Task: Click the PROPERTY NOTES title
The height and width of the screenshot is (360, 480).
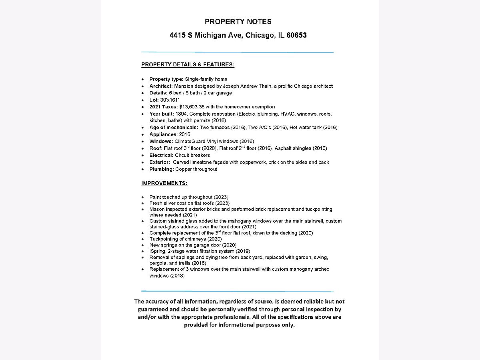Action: tap(238, 22)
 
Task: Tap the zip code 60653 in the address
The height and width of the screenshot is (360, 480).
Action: tap(296, 35)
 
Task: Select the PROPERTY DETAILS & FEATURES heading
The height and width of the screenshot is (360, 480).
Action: tap(188, 64)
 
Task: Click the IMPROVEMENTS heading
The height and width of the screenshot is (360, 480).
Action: tap(164, 183)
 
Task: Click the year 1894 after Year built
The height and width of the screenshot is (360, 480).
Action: tap(182, 114)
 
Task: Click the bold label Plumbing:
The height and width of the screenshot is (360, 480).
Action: tap(162, 169)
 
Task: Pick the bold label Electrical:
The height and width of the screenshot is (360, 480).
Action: tap(162, 155)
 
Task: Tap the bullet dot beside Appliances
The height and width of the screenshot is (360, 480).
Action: tap(143, 135)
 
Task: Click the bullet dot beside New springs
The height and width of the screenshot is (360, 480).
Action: tap(143, 245)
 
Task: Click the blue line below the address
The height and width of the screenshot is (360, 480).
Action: tap(237, 52)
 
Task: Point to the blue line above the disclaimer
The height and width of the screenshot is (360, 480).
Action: tap(237, 291)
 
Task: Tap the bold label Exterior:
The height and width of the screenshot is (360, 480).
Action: tap(160, 162)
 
